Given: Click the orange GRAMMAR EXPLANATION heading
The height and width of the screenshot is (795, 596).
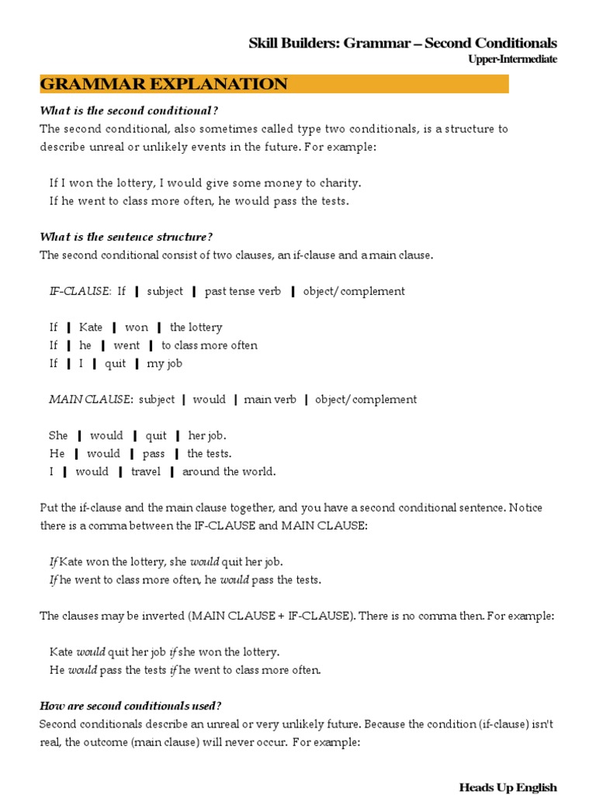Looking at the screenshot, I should tap(164, 85).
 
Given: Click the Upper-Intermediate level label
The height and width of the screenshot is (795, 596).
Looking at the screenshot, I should tap(512, 60).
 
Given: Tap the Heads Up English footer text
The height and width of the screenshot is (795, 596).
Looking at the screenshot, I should tap(508, 787).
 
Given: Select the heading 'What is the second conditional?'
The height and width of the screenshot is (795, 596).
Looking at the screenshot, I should tap(123, 110).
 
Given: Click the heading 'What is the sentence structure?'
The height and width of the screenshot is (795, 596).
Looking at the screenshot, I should tap(126, 237).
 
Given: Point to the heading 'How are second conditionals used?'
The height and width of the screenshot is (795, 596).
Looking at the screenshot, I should tap(130, 706).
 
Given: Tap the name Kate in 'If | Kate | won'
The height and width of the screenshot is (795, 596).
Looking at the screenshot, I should tap(91, 328).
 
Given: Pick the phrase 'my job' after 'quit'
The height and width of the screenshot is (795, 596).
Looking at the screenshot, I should tap(165, 363).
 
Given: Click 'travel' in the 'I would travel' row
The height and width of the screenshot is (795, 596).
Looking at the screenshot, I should tap(145, 471).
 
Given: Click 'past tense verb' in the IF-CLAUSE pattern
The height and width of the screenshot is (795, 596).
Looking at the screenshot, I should tap(243, 291).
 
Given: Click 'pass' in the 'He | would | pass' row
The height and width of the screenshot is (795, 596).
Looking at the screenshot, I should tap(154, 453).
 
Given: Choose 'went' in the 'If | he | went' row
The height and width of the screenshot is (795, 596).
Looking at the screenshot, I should tap(126, 345).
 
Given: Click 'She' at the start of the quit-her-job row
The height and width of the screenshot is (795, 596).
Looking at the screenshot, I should tap(58, 436).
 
